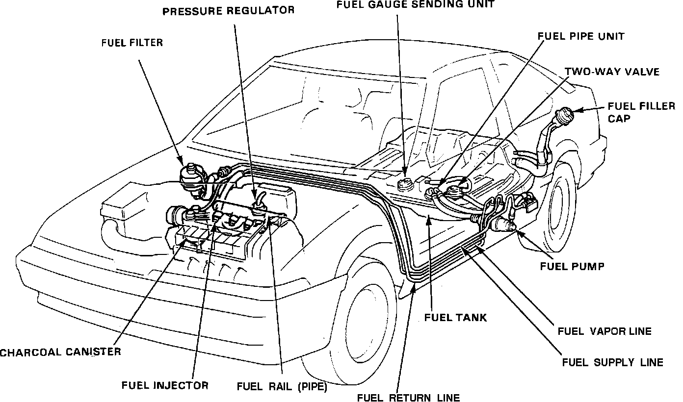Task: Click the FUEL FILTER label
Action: tap(132, 43)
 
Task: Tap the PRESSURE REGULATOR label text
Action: tap(229, 10)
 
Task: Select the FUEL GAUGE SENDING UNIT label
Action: tap(415, 4)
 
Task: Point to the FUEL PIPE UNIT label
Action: tap(581, 36)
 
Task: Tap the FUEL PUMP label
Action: tap(572, 266)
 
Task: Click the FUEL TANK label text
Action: tap(455, 317)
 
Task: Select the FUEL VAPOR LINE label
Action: tap(604, 331)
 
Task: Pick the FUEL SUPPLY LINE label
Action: tap(612, 362)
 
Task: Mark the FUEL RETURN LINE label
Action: tap(408, 397)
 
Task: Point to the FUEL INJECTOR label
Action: tap(165, 385)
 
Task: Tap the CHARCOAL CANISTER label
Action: tap(60, 352)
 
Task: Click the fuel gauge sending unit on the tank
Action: tap(405, 185)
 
